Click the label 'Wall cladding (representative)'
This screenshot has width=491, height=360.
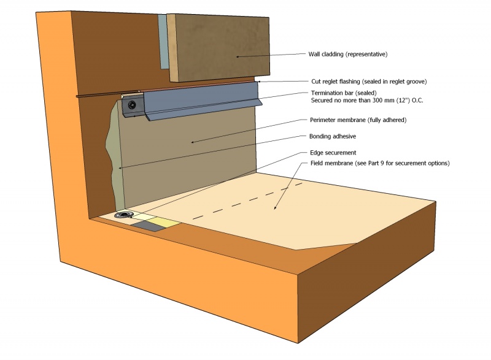[347, 55]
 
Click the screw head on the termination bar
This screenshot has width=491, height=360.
[131, 105]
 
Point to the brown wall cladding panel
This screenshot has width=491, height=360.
[221, 46]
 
